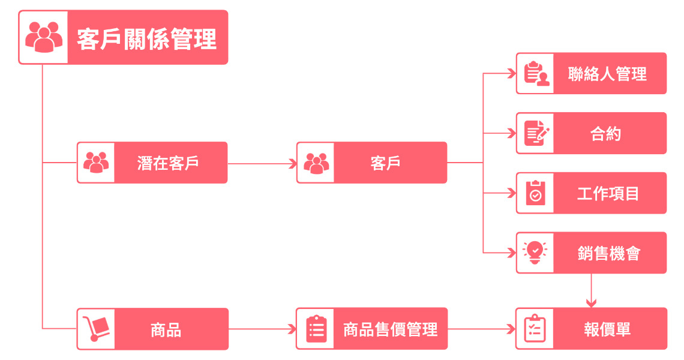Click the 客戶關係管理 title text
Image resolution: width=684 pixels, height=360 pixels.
click(x=146, y=38)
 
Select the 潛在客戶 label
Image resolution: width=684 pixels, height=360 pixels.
click(x=168, y=163)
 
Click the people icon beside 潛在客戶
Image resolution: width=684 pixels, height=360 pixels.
click(x=96, y=163)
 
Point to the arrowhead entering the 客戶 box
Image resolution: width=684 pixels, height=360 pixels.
click(x=293, y=164)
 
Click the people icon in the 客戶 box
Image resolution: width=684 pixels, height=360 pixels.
click(x=316, y=163)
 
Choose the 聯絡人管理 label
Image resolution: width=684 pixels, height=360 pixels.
click(x=607, y=74)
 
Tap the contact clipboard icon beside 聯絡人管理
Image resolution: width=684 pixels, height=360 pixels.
click(x=536, y=73)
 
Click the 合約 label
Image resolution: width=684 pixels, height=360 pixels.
click(x=606, y=134)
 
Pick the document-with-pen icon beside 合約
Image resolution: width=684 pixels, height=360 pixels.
click(x=536, y=133)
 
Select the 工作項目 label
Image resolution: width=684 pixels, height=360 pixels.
click(x=608, y=193)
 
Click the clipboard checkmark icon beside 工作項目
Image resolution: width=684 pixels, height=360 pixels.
click(x=535, y=193)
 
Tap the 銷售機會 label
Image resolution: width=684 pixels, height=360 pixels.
click(x=609, y=253)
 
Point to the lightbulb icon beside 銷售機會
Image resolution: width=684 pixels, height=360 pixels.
click(x=535, y=252)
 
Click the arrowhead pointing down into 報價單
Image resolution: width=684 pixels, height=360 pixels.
click(x=591, y=303)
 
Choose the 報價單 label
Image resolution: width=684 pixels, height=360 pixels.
click(x=608, y=329)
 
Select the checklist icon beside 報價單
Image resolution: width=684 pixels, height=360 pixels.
click(x=535, y=329)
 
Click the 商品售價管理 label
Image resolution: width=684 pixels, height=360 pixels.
click(x=391, y=329)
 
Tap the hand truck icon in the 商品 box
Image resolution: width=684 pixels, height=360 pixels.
click(x=96, y=329)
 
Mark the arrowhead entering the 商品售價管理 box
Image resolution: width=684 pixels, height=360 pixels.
click(x=292, y=329)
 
